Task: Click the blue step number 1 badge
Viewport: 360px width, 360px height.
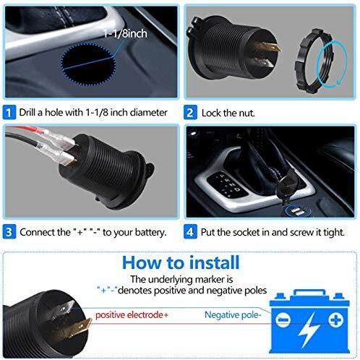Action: [x=9, y=112]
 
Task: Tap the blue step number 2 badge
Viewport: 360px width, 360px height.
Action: [x=190, y=112]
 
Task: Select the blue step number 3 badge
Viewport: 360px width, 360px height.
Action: [x=9, y=232]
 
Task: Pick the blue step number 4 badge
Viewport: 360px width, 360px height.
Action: [x=190, y=232]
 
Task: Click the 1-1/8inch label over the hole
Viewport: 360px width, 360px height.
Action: [x=125, y=33]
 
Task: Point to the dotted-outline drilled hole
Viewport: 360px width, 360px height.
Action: [x=88, y=64]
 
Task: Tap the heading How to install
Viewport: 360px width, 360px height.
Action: [x=181, y=262]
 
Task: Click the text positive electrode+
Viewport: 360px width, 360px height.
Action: [x=132, y=315]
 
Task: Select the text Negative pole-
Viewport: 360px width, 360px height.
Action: [x=233, y=314]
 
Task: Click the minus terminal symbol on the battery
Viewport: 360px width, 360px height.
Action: [x=283, y=320]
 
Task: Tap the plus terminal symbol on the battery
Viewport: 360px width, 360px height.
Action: [x=336, y=320]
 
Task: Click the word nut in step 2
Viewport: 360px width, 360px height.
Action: [x=247, y=113]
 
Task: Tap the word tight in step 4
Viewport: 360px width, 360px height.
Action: [x=334, y=232]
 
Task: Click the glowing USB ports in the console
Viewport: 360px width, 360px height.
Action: [x=295, y=211]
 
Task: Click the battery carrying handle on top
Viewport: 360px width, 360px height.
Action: [x=309, y=293]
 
